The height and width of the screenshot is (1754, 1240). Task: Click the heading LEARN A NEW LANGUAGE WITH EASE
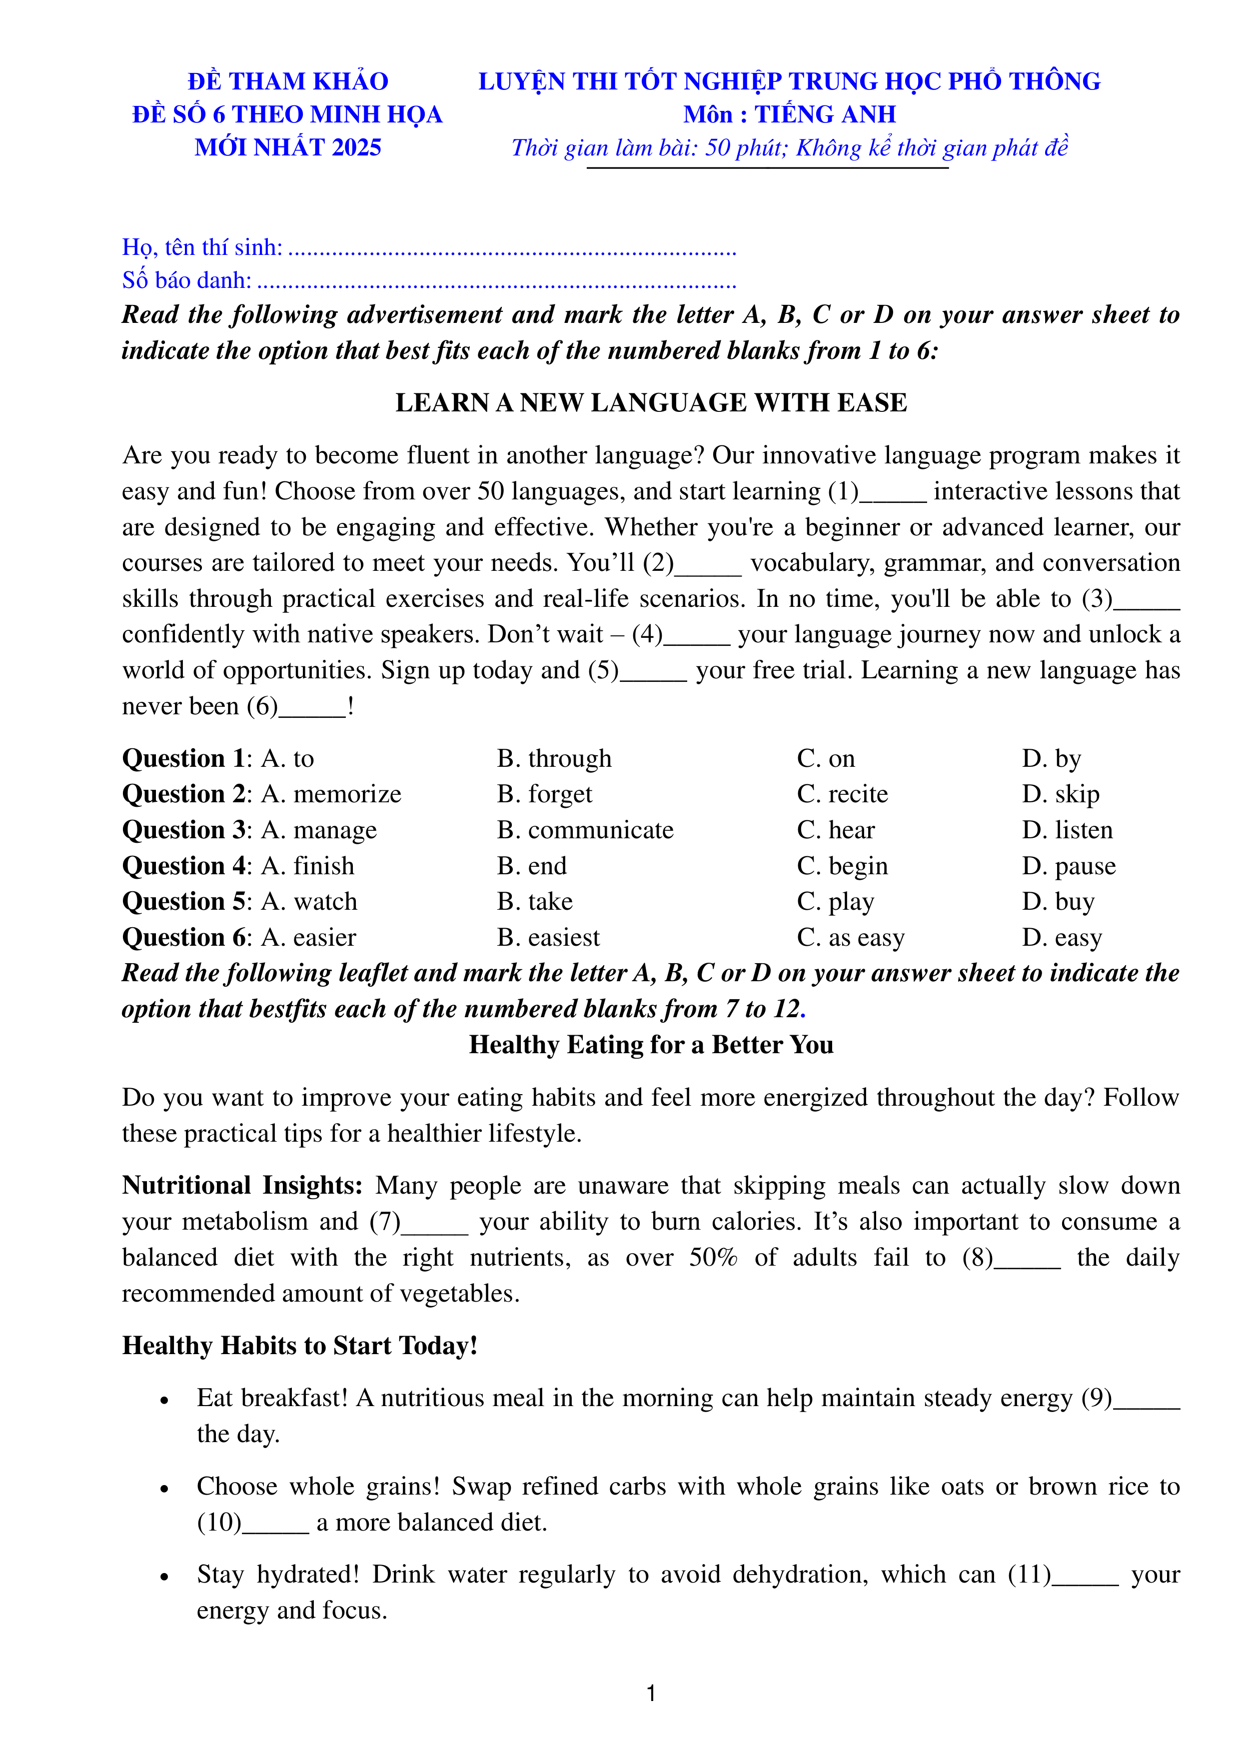650,402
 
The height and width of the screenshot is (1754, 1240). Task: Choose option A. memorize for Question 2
331,794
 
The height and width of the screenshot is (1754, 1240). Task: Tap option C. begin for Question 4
842,866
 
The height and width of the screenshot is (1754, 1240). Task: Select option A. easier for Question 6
309,937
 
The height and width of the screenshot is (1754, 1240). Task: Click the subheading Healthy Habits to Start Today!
299,1345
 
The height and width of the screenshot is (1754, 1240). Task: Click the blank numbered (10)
275,1523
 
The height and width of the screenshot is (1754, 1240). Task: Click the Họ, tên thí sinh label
202,247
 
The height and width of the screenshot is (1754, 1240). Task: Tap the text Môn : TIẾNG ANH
789,114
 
